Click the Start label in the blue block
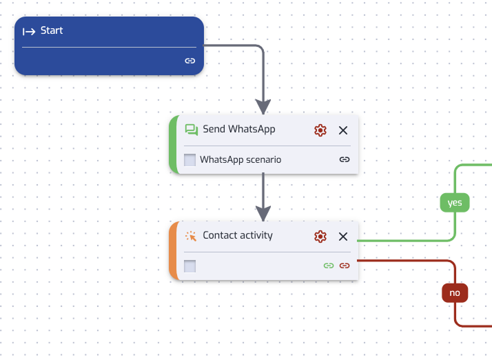click(52, 30)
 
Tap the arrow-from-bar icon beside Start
click(29, 32)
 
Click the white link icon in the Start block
click(189, 61)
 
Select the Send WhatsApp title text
click(239, 129)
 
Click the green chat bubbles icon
click(192, 130)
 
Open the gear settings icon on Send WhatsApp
click(320, 130)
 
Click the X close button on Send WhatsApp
click(343, 130)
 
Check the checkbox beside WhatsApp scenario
click(189, 160)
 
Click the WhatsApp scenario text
click(240, 159)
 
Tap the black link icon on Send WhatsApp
click(345, 159)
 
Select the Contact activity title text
click(238, 235)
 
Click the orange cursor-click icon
click(191, 236)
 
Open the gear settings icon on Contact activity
click(320, 237)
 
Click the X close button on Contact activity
click(343, 237)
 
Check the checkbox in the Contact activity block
click(189, 266)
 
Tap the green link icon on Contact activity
click(329, 266)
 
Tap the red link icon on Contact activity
click(345, 266)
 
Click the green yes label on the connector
click(455, 203)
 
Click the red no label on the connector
click(455, 293)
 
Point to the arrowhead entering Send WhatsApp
click(263, 107)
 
